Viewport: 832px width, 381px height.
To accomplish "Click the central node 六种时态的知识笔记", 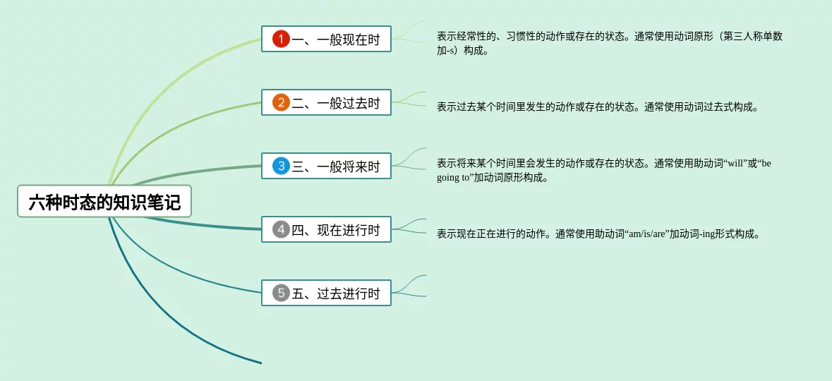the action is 104,201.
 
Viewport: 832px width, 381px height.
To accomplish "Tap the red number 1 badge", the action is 282,39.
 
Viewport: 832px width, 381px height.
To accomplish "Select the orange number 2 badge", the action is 282,102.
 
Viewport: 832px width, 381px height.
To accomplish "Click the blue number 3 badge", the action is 282,166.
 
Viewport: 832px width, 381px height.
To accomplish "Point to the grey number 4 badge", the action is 282,230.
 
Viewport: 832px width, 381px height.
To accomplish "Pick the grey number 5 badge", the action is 282,293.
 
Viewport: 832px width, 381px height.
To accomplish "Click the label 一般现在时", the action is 349,40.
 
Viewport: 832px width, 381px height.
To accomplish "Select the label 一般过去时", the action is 349,103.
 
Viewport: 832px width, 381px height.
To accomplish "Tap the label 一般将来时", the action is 349,167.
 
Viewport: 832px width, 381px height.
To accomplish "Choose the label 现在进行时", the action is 349,230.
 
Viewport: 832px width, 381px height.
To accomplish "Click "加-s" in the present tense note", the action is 446,52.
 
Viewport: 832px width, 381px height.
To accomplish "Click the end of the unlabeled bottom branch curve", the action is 262,363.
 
